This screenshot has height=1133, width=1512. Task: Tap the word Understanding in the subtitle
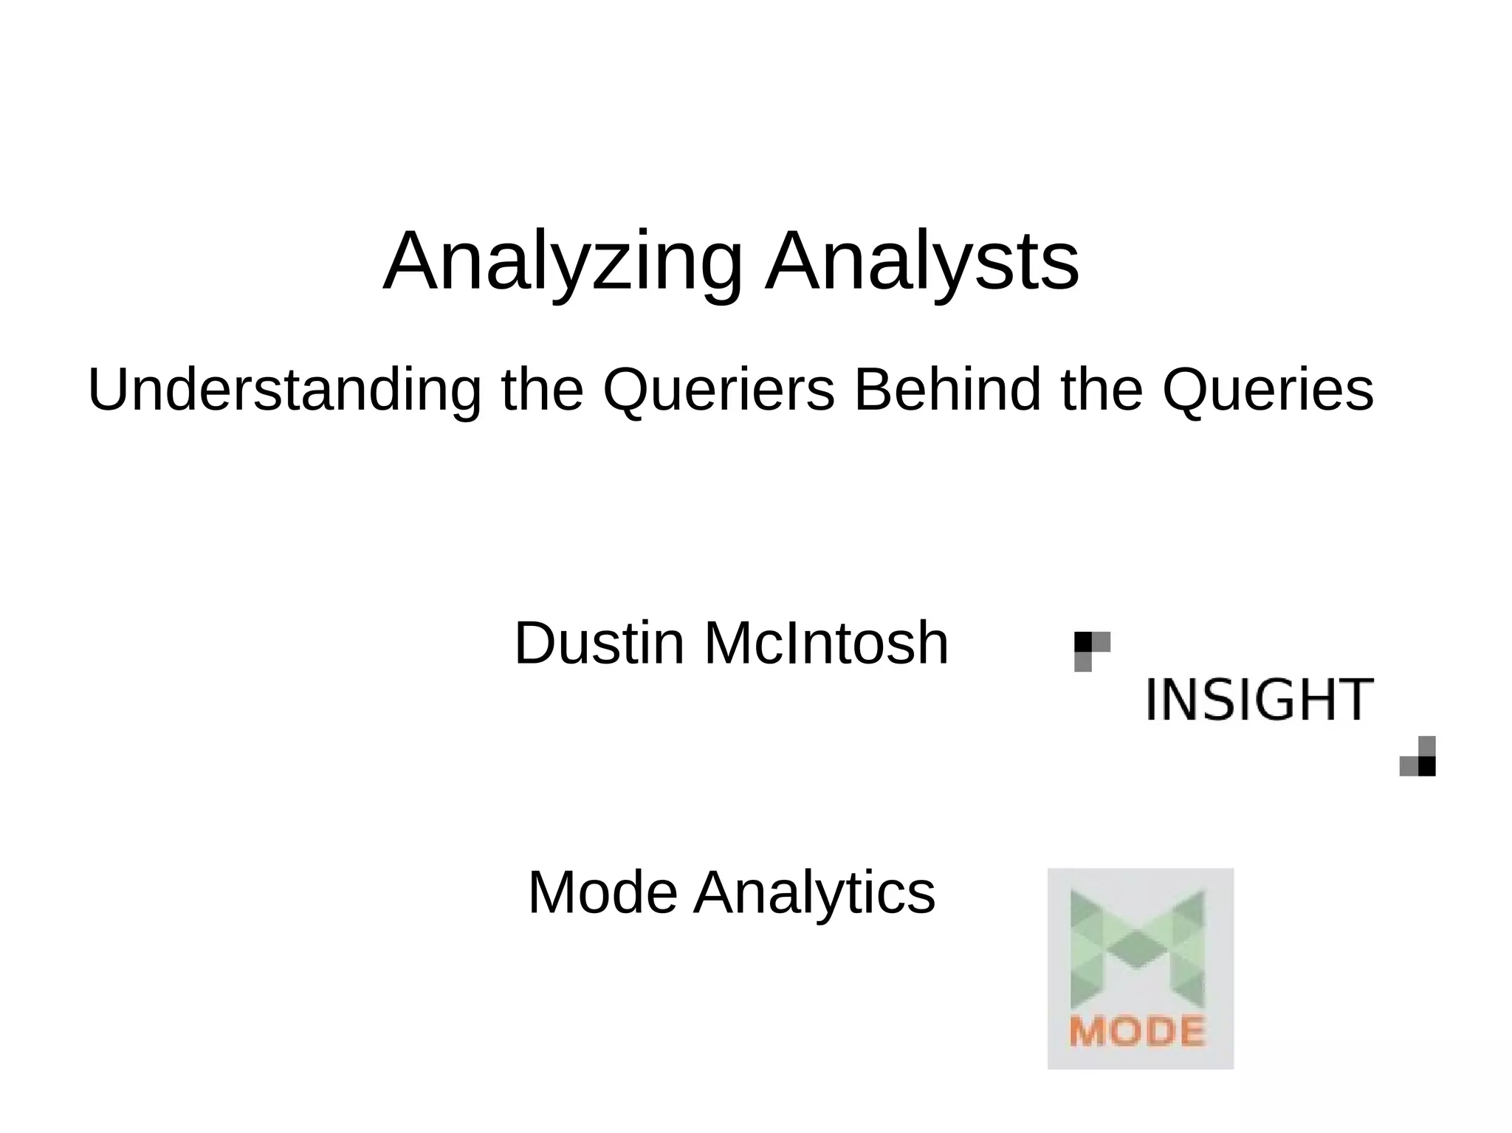click(x=284, y=390)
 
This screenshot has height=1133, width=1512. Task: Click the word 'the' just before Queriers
click(x=542, y=390)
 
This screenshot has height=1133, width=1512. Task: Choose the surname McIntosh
click(x=826, y=644)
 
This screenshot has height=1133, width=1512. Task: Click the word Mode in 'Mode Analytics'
click(x=602, y=893)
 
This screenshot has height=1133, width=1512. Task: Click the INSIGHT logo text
click(x=1260, y=699)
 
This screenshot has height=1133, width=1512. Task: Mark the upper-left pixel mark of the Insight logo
click(x=1091, y=650)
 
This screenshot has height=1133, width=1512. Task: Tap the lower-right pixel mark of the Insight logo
click(x=1418, y=757)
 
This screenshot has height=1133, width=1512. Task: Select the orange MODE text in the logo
click(x=1137, y=1031)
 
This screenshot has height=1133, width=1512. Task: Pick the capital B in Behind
click(x=872, y=390)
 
